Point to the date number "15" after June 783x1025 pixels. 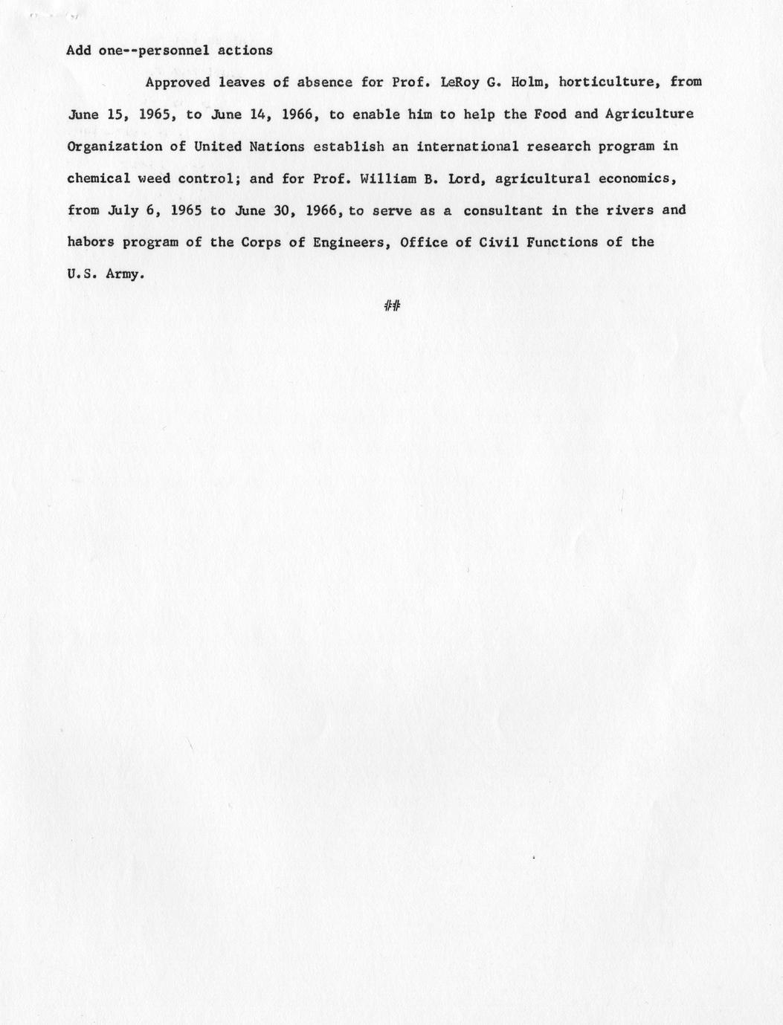tap(117, 114)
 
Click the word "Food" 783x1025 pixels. tap(550, 114)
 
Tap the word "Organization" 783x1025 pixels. tap(114, 146)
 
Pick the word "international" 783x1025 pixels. tap(467, 146)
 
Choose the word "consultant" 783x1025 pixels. tap(503, 210)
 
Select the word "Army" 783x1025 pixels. tap(121, 274)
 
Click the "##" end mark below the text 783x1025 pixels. tap(392, 305)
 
